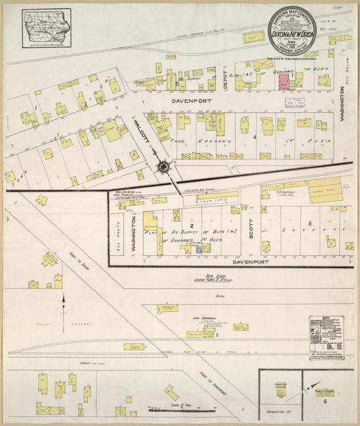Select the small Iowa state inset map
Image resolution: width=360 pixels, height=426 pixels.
tap(46, 28)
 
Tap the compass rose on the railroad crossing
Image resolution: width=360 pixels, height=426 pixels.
tap(163, 165)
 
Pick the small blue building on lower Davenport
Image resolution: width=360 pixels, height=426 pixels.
tap(199, 248)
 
